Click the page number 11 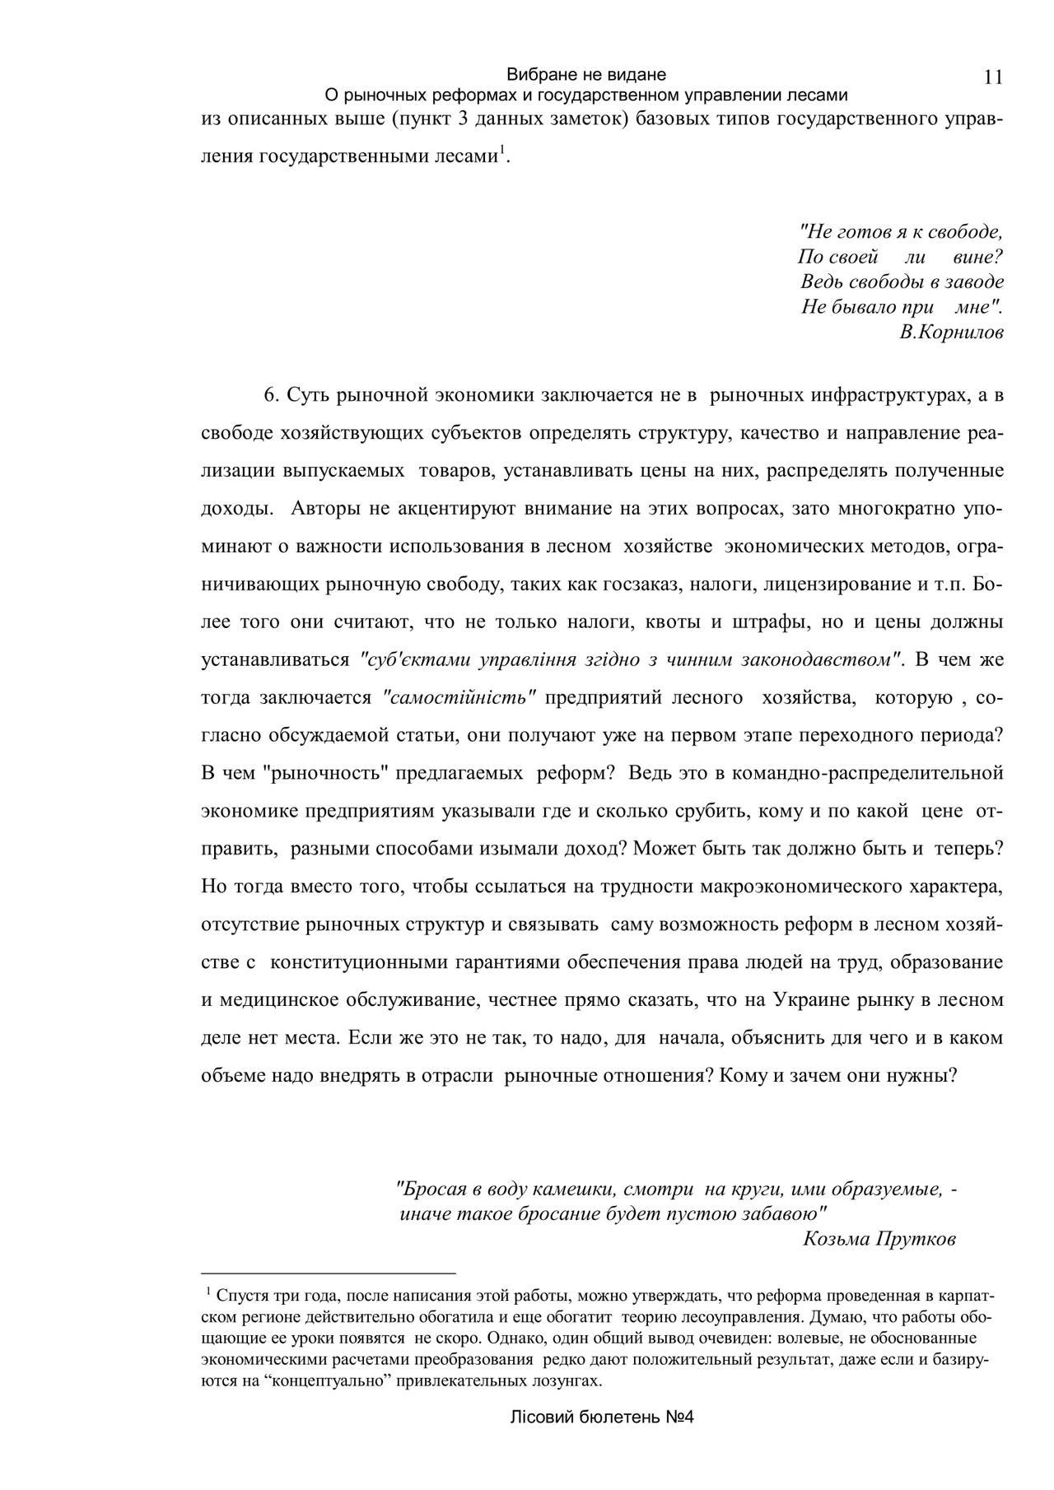click(992, 77)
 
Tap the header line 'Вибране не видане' click(585, 74)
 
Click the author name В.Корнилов click(952, 333)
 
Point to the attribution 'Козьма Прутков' click(879, 1239)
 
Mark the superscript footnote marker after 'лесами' click(502, 151)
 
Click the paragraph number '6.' click(273, 395)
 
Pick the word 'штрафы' click(767, 622)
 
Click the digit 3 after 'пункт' click(463, 120)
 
